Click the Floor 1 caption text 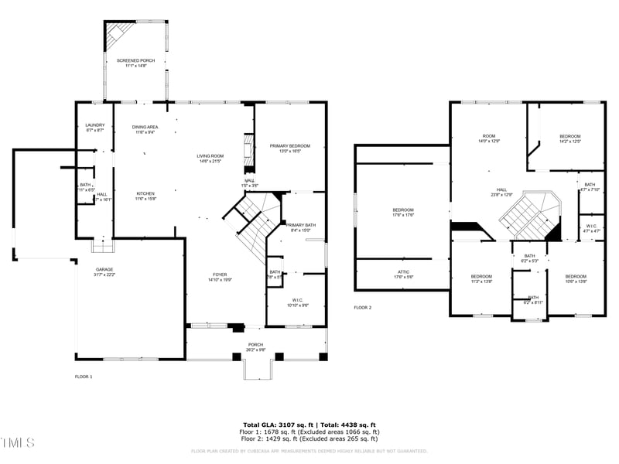coord(84,377)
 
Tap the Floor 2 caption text coord(363,308)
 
